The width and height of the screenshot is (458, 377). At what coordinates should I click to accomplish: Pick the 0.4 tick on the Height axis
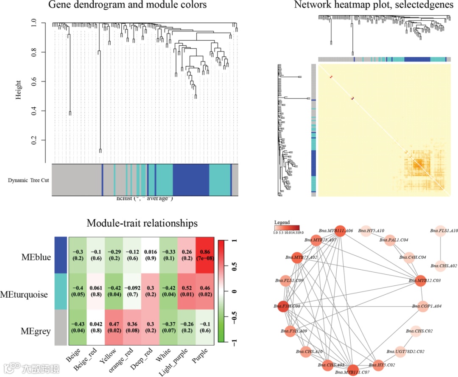(34, 111)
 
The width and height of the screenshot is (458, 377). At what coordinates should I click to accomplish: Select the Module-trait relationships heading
(142, 223)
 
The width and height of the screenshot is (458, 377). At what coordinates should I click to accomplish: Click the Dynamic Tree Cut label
(28, 180)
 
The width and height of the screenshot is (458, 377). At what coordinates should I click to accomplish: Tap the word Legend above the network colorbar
(282, 222)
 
